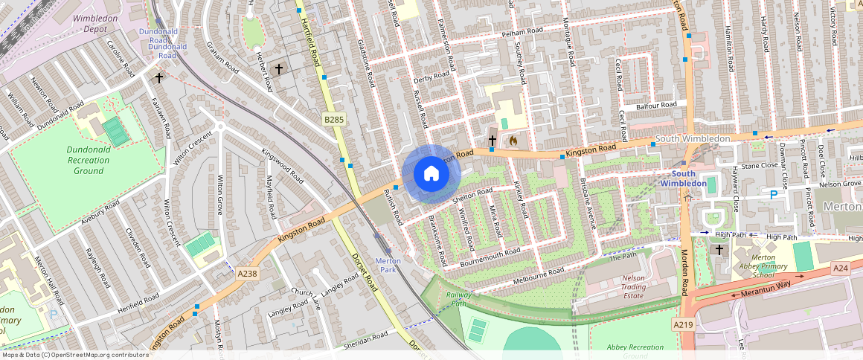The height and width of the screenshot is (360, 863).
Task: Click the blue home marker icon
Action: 431,174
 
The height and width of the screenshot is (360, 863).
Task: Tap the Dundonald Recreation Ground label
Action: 89,160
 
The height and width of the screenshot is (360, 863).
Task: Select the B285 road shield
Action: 334,119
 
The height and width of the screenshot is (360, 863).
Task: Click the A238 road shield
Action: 247,274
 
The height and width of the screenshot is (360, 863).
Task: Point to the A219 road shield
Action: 683,325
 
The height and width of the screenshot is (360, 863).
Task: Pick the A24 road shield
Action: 841,268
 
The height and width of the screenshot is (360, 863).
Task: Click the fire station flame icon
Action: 513,139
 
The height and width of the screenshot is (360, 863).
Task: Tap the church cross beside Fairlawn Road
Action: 158,77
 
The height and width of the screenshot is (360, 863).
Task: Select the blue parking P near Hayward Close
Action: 773,195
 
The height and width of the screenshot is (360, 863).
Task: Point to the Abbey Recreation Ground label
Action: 635,351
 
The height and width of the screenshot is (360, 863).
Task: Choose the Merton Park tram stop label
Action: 388,265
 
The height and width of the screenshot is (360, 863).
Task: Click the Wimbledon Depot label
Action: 95,22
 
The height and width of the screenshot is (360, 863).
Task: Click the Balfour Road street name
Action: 656,106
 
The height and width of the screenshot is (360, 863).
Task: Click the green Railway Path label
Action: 459,299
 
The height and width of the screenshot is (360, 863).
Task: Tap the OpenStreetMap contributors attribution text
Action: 74,355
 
